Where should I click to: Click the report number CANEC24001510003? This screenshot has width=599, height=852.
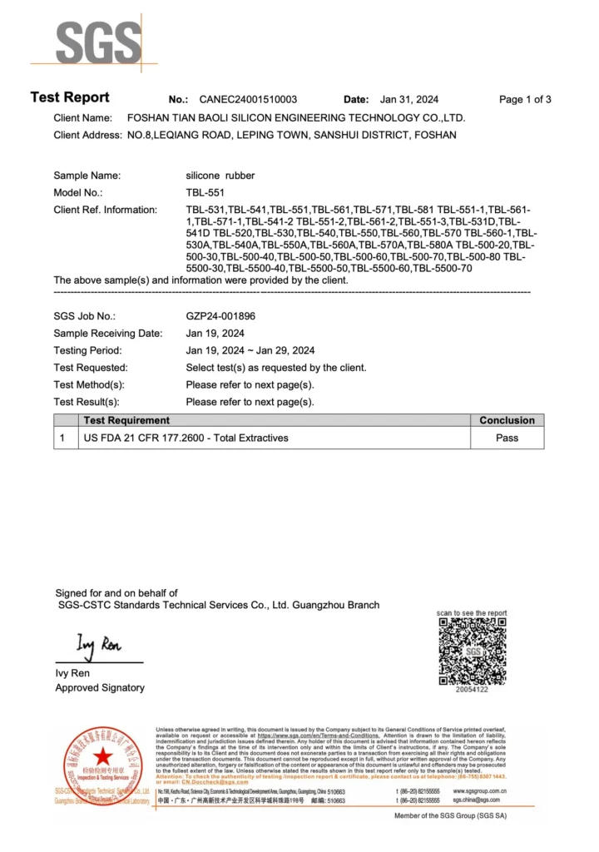point(248,99)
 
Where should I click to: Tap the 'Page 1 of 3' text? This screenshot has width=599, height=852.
point(525,99)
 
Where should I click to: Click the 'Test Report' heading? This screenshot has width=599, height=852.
point(70,97)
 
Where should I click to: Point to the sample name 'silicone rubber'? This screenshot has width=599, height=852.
point(220,176)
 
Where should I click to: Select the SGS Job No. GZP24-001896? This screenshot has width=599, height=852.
point(220,316)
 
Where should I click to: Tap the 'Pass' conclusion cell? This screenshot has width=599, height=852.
point(507,438)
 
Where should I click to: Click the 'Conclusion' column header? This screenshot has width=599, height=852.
point(507,420)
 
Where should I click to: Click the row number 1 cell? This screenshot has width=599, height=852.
point(64,438)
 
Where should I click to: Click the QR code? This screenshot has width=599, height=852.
point(472,651)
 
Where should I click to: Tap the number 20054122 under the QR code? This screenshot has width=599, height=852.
point(472,689)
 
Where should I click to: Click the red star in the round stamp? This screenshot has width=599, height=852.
point(102,757)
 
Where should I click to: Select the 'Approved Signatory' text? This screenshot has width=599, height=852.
point(100,687)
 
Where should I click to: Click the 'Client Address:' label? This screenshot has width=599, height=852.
point(87,135)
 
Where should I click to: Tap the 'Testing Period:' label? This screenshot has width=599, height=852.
point(87,350)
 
